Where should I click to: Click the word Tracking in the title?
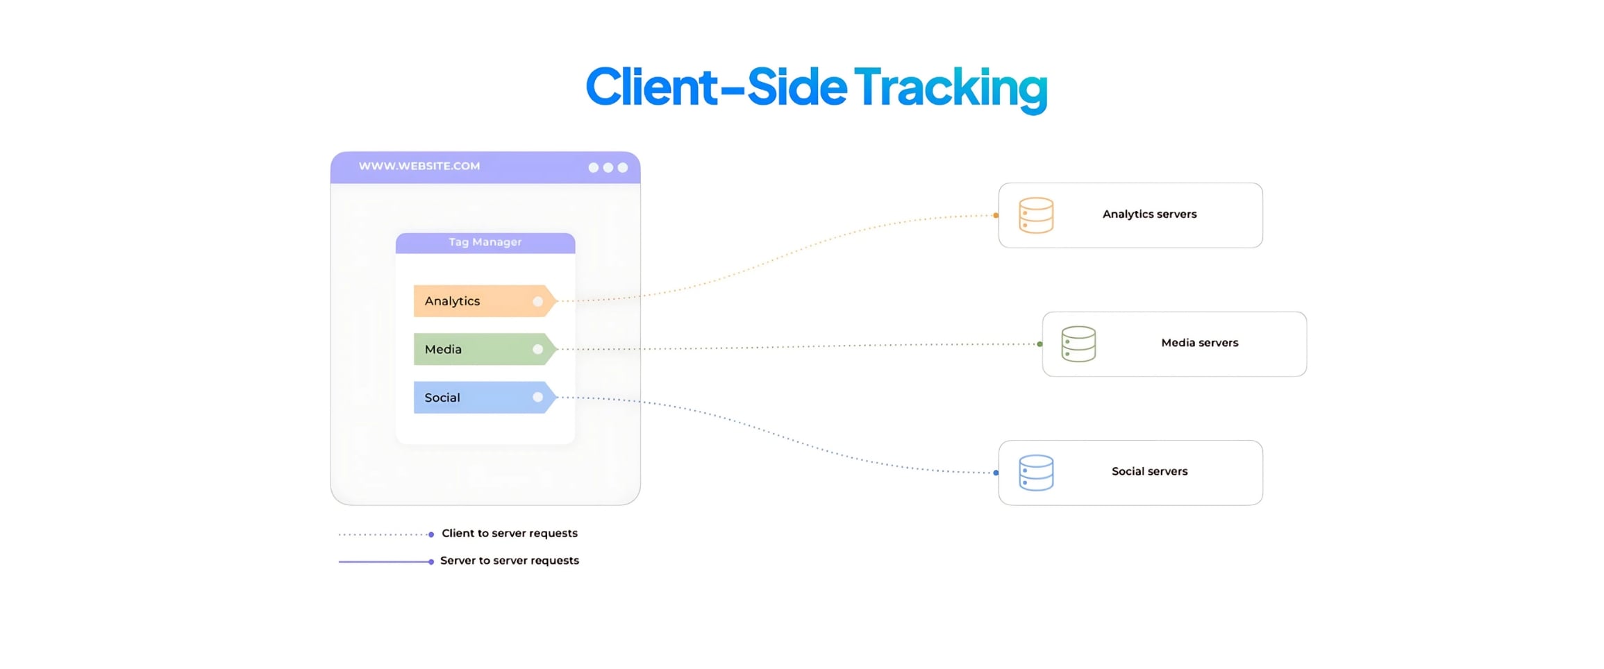[x=950, y=87]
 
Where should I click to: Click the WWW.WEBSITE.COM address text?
[x=419, y=167]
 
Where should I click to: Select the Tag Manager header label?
[x=485, y=242]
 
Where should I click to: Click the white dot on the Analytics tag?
[x=537, y=301]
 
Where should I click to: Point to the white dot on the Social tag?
[x=537, y=398]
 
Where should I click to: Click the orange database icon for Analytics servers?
[x=1036, y=215]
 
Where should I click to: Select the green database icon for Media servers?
[x=1078, y=344]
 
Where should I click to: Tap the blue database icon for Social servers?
[x=1036, y=473]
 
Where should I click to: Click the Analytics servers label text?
[x=1149, y=214]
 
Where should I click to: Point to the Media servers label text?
[x=1199, y=343]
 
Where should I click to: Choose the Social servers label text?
[x=1149, y=471]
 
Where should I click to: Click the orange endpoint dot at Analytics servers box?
[x=996, y=216]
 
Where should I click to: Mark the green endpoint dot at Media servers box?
[x=1039, y=344]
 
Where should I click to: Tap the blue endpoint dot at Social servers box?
[x=996, y=473]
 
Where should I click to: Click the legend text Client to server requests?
[x=509, y=533]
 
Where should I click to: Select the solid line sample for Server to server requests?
[x=384, y=561]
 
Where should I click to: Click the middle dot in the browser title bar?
[x=608, y=168]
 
